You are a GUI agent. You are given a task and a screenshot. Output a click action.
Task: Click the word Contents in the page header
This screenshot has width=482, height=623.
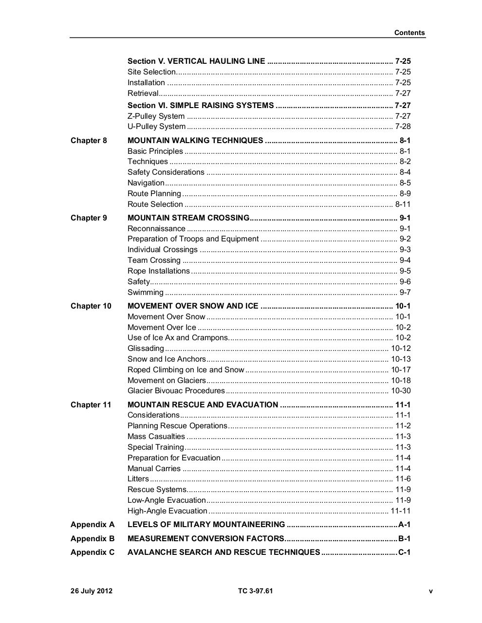[409, 33]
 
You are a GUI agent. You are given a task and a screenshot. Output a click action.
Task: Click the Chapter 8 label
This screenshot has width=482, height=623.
[89, 141]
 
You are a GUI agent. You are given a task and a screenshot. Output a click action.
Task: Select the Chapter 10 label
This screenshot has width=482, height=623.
[91, 306]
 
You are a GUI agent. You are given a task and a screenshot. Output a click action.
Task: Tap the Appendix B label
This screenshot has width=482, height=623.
[93, 539]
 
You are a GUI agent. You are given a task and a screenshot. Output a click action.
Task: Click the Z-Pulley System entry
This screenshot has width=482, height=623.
[156, 116]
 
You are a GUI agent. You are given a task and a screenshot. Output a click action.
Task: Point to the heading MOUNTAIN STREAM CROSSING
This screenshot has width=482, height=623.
[188, 218]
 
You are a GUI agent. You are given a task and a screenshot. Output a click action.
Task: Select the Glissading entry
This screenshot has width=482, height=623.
[146, 348]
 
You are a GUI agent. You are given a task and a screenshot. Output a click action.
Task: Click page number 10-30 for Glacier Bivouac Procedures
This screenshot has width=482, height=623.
[401, 391]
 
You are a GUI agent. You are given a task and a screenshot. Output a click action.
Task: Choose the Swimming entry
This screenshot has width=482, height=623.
[145, 293]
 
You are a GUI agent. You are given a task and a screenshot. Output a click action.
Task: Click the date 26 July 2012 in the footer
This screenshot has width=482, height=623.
[92, 591]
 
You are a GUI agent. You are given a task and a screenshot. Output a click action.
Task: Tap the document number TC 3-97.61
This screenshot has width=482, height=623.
[256, 591]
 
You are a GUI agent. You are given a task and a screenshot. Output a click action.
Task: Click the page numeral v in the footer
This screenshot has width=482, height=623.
[430, 591]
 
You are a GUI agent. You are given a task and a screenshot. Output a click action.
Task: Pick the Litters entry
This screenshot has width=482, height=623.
[138, 479]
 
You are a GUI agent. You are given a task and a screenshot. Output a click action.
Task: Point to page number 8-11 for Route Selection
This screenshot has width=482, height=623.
[403, 204]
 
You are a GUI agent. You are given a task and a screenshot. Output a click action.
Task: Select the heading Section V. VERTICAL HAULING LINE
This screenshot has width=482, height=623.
[196, 61]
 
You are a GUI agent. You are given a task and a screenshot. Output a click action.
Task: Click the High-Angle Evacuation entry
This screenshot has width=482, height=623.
[167, 511]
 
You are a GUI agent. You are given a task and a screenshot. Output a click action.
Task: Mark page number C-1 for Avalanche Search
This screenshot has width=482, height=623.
[405, 552]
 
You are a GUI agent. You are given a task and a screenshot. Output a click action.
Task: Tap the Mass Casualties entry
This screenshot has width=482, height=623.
[156, 437]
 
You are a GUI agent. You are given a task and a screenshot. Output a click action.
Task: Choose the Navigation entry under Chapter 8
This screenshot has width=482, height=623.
[146, 183]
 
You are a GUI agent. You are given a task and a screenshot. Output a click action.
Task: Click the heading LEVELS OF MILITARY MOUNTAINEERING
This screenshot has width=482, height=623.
[206, 525]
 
